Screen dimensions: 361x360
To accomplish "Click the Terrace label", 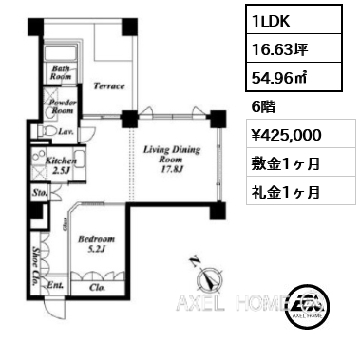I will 110,86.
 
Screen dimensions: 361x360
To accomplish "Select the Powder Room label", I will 64,104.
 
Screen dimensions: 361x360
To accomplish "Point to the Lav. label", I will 66,133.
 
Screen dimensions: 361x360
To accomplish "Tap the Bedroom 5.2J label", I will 97,245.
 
